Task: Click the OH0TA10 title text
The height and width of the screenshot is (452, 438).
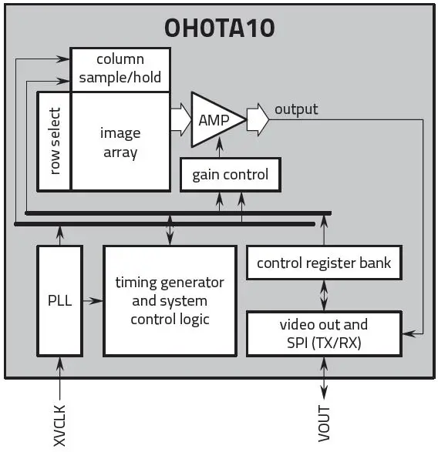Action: pyautogui.click(x=219, y=28)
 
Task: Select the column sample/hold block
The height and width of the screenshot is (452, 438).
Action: pyautogui.click(x=120, y=69)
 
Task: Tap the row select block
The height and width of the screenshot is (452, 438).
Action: pyautogui.click(x=54, y=141)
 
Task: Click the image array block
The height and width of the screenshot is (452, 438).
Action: pyautogui.click(x=120, y=142)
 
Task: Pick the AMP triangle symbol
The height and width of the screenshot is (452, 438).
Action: pyautogui.click(x=213, y=120)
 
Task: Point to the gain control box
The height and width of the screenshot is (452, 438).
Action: pyautogui.click(x=230, y=175)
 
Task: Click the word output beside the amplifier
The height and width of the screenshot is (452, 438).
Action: pyautogui.click(x=295, y=109)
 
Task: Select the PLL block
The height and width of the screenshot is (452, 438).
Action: pyautogui.click(x=59, y=300)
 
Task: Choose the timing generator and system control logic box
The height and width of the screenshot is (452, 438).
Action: pyautogui.click(x=169, y=300)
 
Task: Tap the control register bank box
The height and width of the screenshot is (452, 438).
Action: pyautogui.click(x=324, y=263)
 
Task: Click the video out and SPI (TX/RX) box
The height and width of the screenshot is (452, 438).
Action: pyautogui.click(x=324, y=333)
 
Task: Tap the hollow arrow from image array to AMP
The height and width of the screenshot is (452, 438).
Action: pyautogui.click(x=180, y=120)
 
